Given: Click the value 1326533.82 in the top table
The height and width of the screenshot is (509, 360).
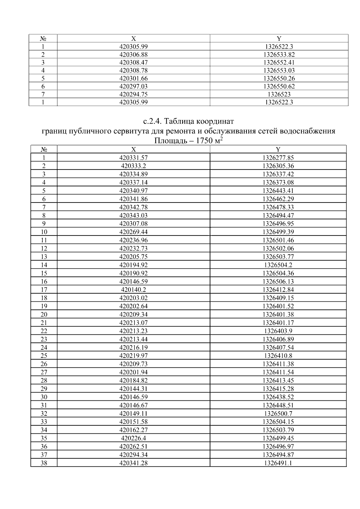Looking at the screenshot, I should click(279, 55).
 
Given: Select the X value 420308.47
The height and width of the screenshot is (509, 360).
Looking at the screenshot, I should click(133, 62).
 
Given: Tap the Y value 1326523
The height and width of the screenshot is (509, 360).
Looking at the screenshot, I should click(279, 94).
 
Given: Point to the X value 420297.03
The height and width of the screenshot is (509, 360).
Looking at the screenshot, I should click(133, 86).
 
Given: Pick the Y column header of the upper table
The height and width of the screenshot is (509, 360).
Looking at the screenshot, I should click(279, 38).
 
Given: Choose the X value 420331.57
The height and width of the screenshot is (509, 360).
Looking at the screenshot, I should click(133, 158).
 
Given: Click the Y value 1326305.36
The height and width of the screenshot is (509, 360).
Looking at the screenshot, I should click(278, 166).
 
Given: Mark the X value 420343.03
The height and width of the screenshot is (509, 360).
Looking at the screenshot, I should click(133, 215).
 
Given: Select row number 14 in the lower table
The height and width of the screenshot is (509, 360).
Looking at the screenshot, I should click(44, 265).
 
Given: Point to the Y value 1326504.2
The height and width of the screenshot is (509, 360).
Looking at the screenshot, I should click(278, 265).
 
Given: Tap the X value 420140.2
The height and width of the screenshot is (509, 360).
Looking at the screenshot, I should click(133, 290).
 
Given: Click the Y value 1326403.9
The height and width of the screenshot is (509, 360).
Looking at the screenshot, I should click(278, 331).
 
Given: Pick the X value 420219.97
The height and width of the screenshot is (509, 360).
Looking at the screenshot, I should click(133, 356).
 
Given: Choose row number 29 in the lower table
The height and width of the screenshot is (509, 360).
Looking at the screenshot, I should click(44, 389).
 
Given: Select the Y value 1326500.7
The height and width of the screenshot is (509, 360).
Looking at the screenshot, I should click(278, 413).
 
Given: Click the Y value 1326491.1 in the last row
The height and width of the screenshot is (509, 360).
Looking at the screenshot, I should click(278, 463).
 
